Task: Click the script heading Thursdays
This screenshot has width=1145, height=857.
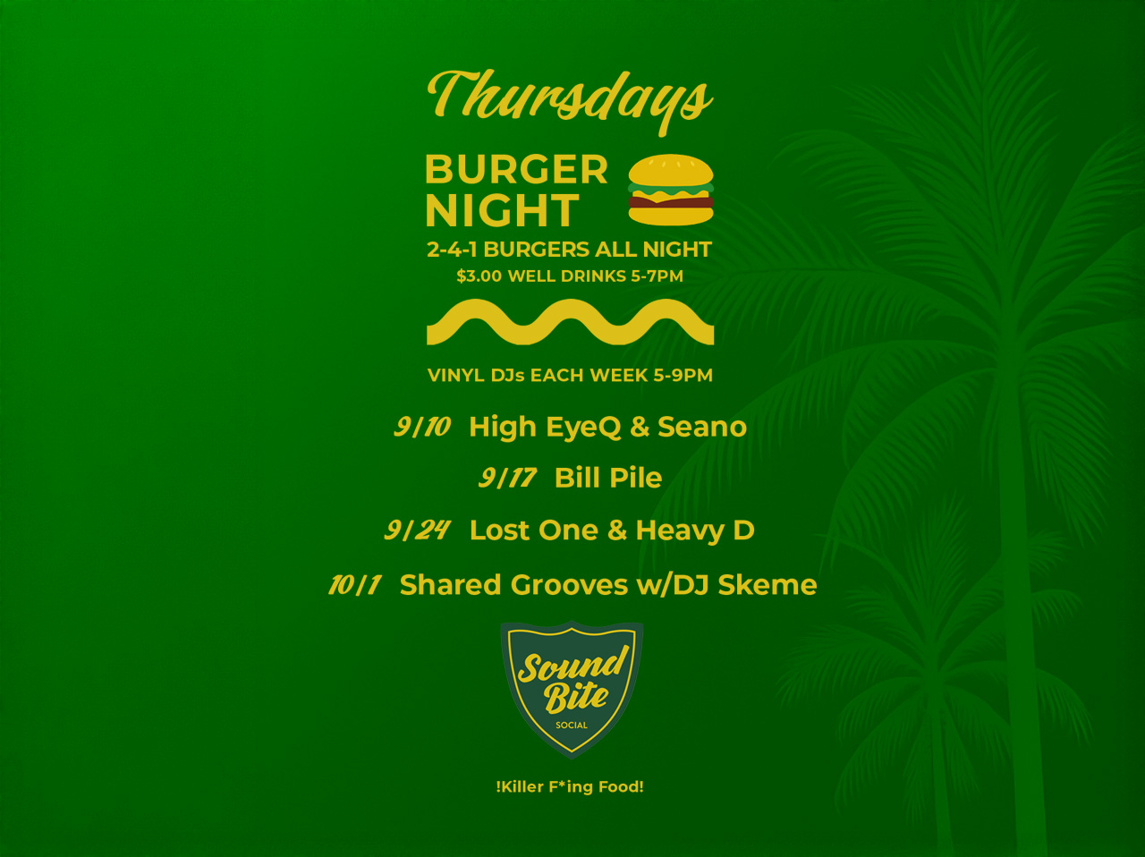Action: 570,100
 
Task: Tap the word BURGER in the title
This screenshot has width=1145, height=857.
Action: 516,170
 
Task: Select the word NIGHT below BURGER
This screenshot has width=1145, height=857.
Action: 503,210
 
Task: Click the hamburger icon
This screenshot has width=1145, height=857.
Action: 671,190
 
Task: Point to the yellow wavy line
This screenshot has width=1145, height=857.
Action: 570,322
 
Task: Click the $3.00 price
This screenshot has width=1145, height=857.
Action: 479,276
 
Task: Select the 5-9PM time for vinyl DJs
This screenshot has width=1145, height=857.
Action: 683,375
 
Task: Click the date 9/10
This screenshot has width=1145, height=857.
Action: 422,427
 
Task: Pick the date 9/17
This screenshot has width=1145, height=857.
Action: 507,478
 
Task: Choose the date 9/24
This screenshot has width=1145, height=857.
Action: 418,530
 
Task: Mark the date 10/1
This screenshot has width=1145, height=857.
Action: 355,585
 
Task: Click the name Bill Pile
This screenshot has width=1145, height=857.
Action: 608,478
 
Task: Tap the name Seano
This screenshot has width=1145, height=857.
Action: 702,427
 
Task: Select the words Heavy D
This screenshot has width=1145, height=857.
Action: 695,531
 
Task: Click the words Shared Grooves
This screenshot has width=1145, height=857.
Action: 513,585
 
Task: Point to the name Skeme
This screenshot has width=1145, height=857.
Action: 768,585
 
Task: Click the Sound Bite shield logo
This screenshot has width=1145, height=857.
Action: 572,690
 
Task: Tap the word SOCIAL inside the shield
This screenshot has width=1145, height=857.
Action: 572,725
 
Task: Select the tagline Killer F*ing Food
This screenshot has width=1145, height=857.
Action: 570,786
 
